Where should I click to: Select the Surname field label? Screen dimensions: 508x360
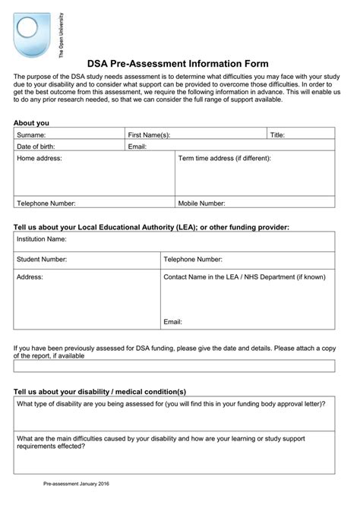pyautogui.click(x=32, y=134)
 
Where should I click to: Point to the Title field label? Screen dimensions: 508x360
pyautogui.click(x=278, y=134)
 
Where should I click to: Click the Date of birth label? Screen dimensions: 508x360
pyautogui.click(x=36, y=147)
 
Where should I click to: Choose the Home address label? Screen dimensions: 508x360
pyautogui.click(x=39, y=159)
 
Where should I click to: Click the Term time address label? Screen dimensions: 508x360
pyautogui.click(x=224, y=159)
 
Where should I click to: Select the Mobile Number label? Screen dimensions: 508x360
pyautogui.click(x=201, y=204)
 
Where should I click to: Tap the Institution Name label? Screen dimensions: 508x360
pyautogui.click(x=42, y=238)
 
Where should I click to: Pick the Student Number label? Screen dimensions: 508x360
pyautogui.click(x=42, y=259)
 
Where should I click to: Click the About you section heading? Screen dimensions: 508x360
pyautogui.click(x=32, y=122)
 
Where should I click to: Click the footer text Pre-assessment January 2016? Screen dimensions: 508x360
pyautogui.click(x=76, y=484)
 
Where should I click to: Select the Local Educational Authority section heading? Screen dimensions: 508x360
pyautogui.click(x=152, y=226)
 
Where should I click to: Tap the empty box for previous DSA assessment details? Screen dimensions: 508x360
pyautogui.click(x=174, y=366)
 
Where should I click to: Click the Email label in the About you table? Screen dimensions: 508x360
pyautogui.click(x=137, y=147)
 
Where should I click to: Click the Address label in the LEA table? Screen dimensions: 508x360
pyautogui.click(x=30, y=277)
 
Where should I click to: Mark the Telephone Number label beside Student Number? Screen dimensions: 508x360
pyautogui.click(x=193, y=259)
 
